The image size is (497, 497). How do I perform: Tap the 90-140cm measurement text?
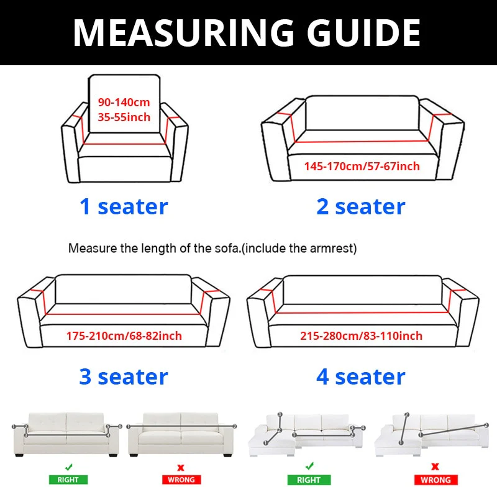coord(124,103)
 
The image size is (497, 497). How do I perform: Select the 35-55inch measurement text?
coord(124,117)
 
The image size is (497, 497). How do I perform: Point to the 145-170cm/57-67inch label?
coord(362,166)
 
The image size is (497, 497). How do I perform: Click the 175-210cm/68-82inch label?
coord(124,336)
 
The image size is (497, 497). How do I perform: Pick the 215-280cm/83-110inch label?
coord(361,336)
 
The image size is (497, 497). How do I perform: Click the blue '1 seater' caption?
coord(124,206)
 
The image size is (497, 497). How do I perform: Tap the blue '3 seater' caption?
coord(124,376)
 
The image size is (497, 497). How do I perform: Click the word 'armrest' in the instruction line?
coord(335,248)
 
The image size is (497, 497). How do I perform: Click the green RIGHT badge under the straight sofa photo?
coord(69,480)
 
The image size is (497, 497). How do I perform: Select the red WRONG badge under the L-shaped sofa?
coord(435,480)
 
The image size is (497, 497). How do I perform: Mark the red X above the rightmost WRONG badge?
coord(435,466)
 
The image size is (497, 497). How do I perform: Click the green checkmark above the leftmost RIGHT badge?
coord(69,466)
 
